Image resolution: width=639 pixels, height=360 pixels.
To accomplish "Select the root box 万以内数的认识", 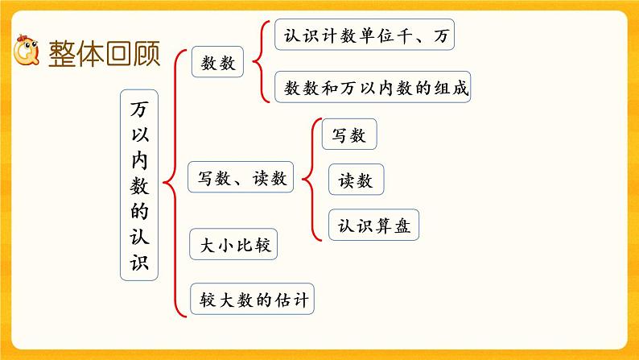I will (x=140, y=184).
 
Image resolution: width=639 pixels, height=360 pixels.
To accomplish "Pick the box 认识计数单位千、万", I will (x=365, y=36).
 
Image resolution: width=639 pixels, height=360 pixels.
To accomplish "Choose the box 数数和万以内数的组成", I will (x=372, y=87).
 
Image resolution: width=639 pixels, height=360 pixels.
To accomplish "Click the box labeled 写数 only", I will (x=349, y=136).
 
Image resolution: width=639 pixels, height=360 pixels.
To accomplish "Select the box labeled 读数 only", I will (x=355, y=181).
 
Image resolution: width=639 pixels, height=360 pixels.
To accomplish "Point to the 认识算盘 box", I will (x=374, y=226).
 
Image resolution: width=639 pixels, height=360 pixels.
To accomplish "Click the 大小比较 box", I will (x=233, y=246).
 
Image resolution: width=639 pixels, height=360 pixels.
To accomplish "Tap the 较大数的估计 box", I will (x=250, y=300).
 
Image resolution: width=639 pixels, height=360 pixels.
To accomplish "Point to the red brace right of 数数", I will (x=258, y=61).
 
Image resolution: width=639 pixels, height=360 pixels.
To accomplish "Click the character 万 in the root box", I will (x=140, y=106).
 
